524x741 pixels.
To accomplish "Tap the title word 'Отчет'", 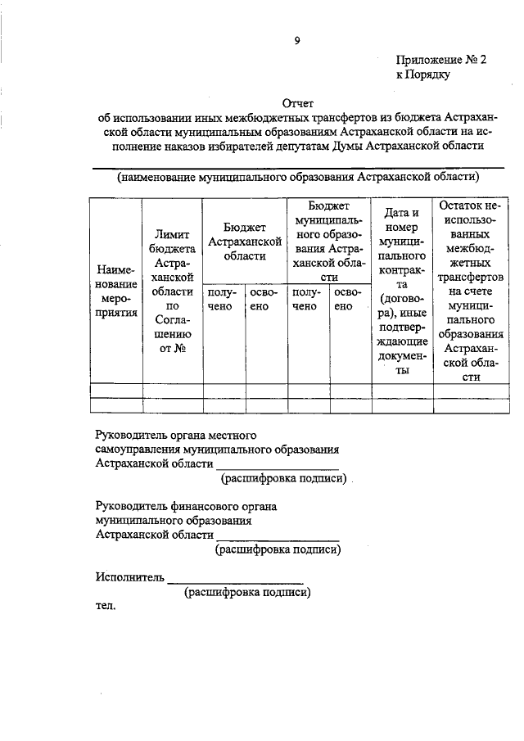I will coord(297,103).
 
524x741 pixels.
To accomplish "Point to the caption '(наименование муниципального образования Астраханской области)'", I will coord(297,176).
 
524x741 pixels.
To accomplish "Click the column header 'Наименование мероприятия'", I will coord(116,293).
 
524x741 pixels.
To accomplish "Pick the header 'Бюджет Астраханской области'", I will coord(246,242).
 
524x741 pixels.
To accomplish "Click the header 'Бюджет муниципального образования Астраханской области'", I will coord(328,241).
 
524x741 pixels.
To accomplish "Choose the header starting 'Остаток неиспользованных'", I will coord(470,291).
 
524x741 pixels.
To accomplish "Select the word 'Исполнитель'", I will coord(129,576).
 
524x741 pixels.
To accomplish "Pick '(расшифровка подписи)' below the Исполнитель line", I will coord(248,591).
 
